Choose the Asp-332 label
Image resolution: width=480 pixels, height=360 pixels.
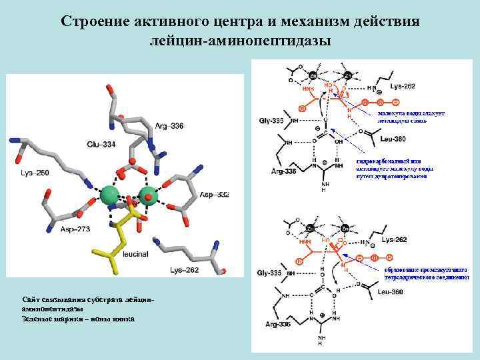tap(214, 195)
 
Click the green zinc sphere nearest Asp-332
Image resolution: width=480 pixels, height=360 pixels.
tap(148, 195)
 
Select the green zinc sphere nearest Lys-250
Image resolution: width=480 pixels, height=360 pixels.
tap(109, 195)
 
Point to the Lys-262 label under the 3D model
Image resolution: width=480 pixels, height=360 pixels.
tap(185, 270)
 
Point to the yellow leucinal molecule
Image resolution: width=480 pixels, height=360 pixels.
tap(123, 233)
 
